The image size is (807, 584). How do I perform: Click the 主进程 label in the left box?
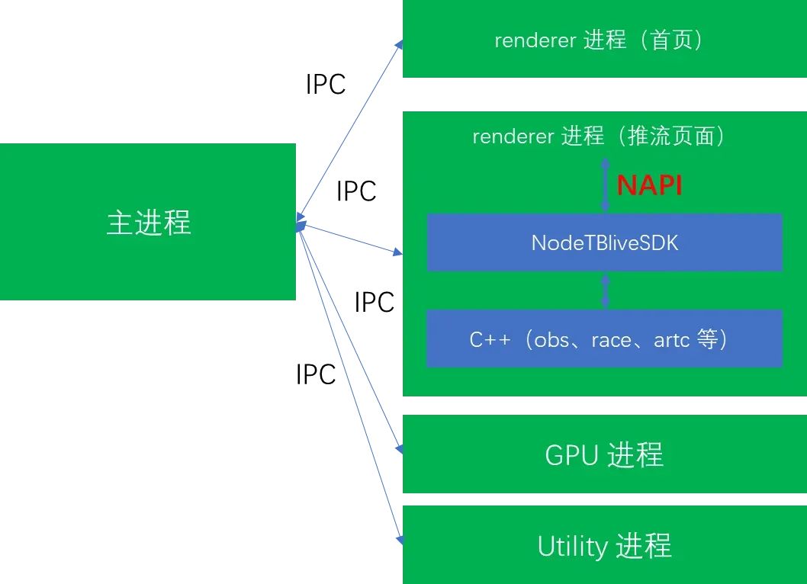click(x=148, y=223)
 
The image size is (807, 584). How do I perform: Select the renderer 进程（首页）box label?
click(x=598, y=40)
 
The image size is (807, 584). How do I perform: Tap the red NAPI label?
click(x=649, y=185)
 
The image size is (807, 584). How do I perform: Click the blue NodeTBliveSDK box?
click(x=605, y=242)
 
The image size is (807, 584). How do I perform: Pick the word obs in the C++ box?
click(x=551, y=340)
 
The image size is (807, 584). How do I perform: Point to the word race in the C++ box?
click(x=611, y=340)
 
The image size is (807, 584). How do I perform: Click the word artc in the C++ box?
click(x=671, y=340)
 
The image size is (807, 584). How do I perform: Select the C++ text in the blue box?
click(x=490, y=340)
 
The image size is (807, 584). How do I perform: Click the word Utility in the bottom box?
click(x=572, y=546)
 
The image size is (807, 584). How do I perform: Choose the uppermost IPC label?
click(x=326, y=85)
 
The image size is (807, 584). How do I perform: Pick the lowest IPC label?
click(x=316, y=374)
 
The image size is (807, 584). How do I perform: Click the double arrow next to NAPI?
click(x=606, y=184)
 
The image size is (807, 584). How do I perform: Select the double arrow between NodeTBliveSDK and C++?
click(x=606, y=290)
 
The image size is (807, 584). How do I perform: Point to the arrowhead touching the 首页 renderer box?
click(x=398, y=45)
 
